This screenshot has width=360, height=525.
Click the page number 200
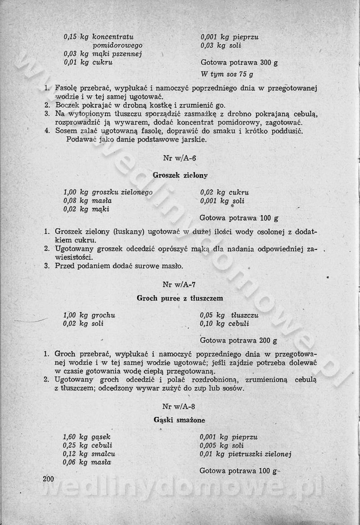coord(48,479)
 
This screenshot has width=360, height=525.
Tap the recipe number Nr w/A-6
coord(180,158)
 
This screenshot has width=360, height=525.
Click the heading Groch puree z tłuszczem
coord(180,298)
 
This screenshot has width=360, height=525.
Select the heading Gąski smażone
coord(180,420)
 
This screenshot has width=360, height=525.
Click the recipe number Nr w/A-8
coord(180,406)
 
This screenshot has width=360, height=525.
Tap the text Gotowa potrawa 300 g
coord(239,63)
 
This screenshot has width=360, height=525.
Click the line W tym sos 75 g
coord(227,74)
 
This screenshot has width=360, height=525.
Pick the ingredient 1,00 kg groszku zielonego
coord(108,192)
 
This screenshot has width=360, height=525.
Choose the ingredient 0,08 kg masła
coord(88,201)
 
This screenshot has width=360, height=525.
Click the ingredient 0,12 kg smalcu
coord(90,454)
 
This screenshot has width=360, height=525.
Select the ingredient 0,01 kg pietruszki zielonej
coord(246,454)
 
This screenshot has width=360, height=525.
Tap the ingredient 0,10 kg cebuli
coord(224,323)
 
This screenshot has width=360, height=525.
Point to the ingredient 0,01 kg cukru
coord(88,63)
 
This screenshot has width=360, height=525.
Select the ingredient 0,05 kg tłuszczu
coord(229,315)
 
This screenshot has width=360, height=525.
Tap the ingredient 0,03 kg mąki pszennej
coord(103,54)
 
